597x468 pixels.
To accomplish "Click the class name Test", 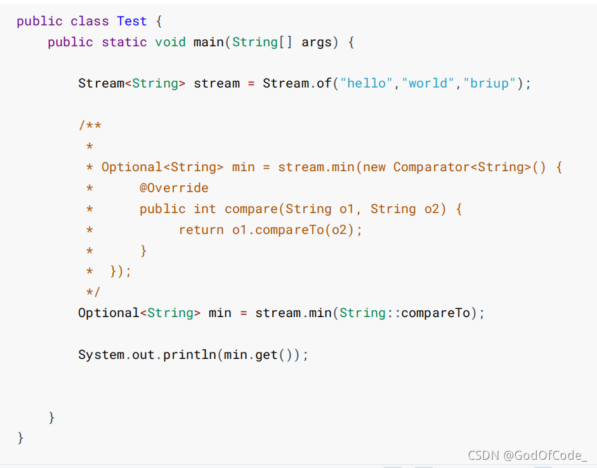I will coord(132,21).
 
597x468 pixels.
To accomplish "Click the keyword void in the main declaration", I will coord(171,42).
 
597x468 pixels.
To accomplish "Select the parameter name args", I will coord(317,42).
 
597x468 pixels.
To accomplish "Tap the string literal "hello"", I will coord(367,83).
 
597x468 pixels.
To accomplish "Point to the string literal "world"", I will coord(428,83).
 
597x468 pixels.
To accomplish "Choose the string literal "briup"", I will coord(490,83).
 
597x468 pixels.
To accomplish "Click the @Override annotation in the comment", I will coord(174,188).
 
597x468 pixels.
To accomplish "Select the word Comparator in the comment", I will coord(431,167).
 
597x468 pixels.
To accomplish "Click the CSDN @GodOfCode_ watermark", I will coord(527,455).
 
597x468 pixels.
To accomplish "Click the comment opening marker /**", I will coord(90,126).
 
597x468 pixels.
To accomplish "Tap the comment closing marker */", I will coord(93,292).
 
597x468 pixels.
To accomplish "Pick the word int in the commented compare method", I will coord(205,209).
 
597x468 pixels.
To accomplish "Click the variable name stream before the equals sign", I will coord(217,83).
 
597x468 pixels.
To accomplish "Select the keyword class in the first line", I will coord(89,21).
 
